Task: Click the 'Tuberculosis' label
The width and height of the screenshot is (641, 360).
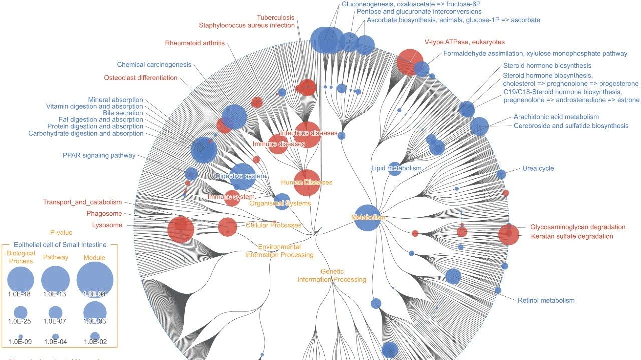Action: pyautogui.click(x=276, y=18)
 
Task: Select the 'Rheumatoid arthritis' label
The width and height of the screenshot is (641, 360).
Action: pyautogui.click(x=195, y=43)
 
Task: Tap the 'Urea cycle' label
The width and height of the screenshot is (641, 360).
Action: pyautogui.click(x=538, y=168)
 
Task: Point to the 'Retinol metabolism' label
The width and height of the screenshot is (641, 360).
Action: pyautogui.click(x=546, y=300)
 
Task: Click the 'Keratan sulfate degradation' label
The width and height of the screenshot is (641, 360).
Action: pyautogui.click(x=572, y=236)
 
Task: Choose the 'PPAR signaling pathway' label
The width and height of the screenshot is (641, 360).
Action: pyautogui.click(x=99, y=155)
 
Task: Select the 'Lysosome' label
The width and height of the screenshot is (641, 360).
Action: pyautogui.click(x=107, y=225)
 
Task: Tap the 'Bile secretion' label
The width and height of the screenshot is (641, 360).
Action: pyautogui.click(x=123, y=113)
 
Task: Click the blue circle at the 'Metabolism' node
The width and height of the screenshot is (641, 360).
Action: pyautogui.click(x=367, y=218)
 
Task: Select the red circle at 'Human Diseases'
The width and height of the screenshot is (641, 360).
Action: pyautogui.click(x=306, y=182)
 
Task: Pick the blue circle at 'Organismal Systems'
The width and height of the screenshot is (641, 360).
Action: pyautogui.click(x=282, y=201)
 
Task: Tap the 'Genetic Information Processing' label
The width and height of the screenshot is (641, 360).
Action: pyautogui.click(x=332, y=275)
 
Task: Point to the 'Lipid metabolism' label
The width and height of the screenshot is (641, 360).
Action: pyautogui.click(x=396, y=168)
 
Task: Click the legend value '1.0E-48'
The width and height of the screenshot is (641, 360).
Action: pyautogui.click(x=20, y=294)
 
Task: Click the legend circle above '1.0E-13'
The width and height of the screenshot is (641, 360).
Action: pyautogui.click(x=55, y=279)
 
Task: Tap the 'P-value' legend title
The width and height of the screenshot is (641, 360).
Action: pyautogui.click(x=61, y=232)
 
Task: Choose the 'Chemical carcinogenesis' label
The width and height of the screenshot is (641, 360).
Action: pyautogui.click(x=154, y=64)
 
